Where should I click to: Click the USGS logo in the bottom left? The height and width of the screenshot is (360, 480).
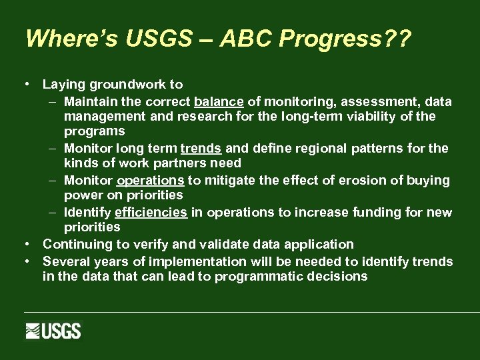pos(53,331)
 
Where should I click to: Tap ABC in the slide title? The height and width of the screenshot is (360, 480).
pos(251,39)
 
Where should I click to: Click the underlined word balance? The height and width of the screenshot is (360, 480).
pos(219,102)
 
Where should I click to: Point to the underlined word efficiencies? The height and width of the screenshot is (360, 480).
pos(151,213)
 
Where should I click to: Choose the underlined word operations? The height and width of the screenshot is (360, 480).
pos(151,181)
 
